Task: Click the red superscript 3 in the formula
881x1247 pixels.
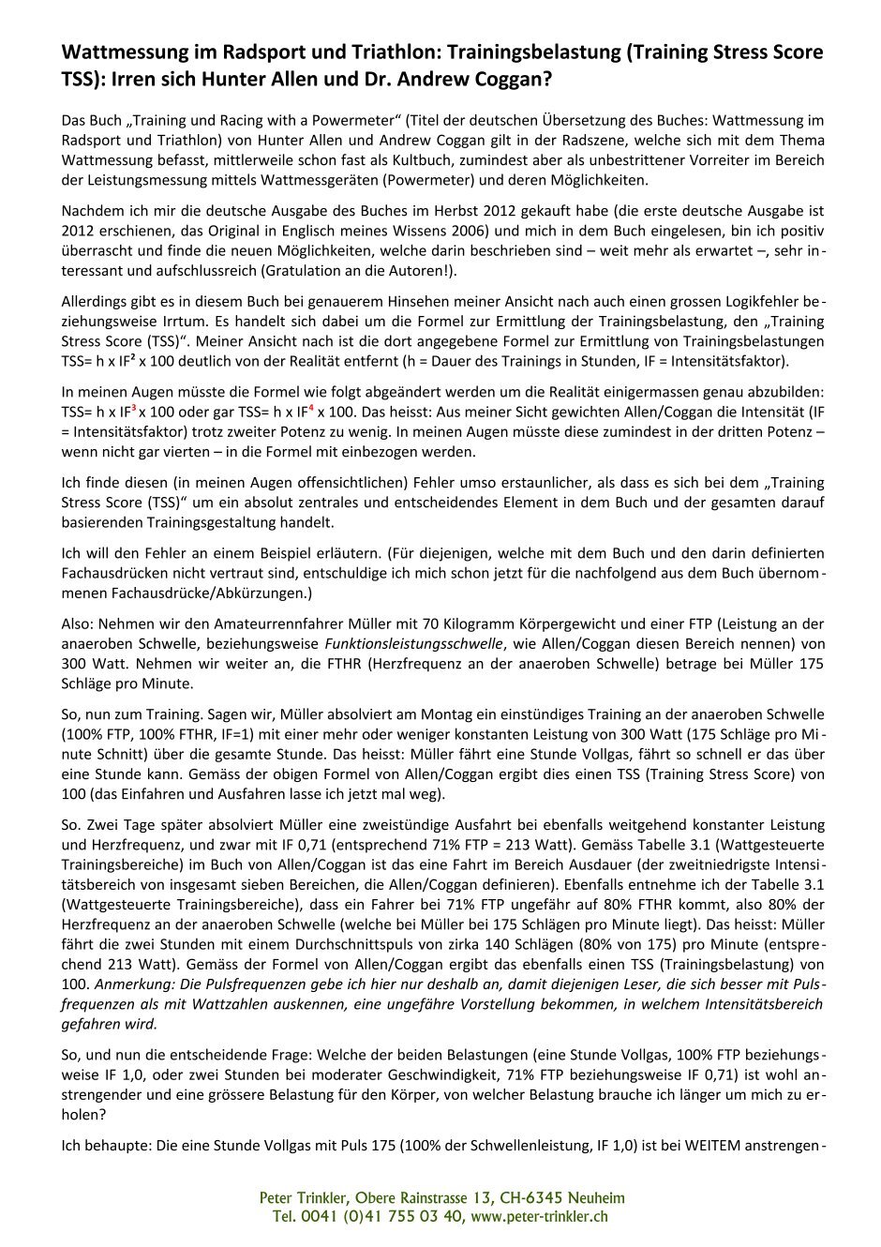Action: point(133,406)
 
